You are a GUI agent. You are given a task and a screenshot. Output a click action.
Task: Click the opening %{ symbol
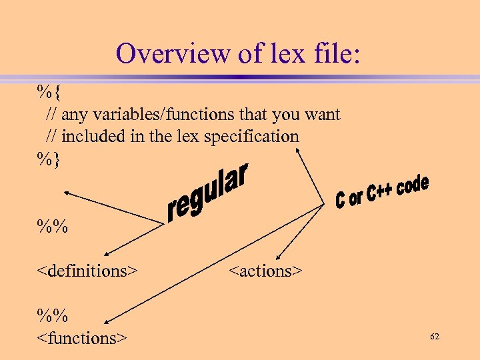(x=48, y=91)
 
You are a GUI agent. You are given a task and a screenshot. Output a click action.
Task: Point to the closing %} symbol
(x=48, y=158)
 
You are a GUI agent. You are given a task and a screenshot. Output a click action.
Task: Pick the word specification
(x=252, y=137)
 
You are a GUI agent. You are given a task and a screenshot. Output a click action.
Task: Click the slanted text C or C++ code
(x=381, y=191)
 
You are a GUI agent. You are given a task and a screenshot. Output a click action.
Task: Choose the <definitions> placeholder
(x=87, y=271)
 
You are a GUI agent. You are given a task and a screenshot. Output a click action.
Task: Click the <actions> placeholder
(x=265, y=271)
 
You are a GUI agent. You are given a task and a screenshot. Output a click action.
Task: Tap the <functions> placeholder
(x=82, y=338)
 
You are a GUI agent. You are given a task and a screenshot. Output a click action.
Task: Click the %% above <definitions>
(x=53, y=225)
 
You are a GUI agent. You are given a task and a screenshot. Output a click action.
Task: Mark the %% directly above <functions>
(x=53, y=315)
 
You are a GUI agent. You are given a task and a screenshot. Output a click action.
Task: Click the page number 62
(x=435, y=337)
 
